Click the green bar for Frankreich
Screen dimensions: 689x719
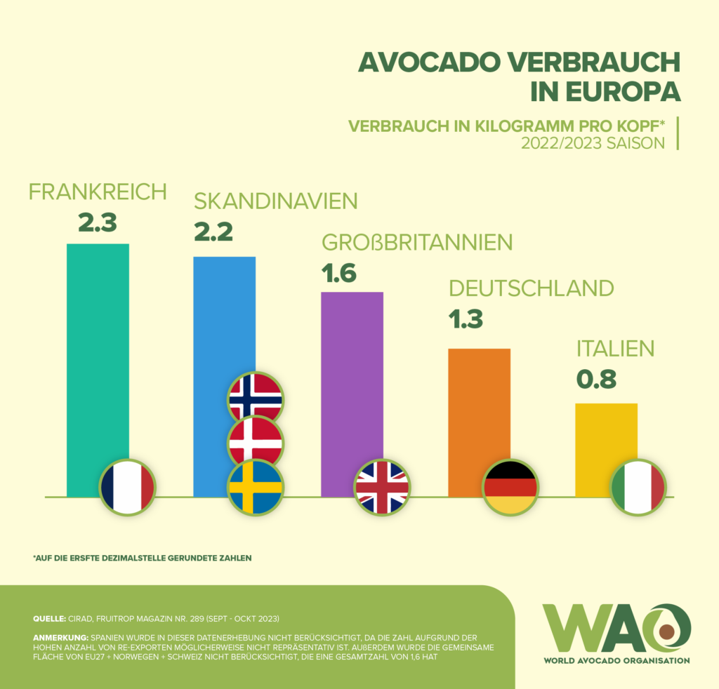click(x=98, y=351)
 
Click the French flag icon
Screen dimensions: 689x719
click(x=127, y=487)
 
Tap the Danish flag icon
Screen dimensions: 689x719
click(x=256, y=443)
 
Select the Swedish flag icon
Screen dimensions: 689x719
click(x=256, y=487)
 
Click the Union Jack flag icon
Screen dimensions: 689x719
click(x=383, y=487)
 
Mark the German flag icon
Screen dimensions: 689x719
click(x=510, y=487)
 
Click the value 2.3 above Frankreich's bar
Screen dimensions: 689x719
click(x=97, y=222)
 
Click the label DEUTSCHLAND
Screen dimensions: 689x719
click(x=532, y=288)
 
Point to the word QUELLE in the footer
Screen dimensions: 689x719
click(x=48, y=619)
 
